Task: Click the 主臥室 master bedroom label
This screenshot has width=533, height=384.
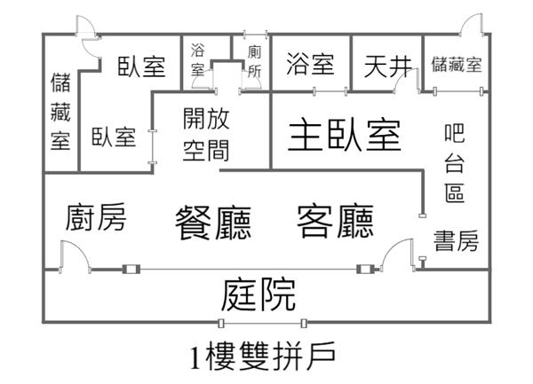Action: pyautogui.click(x=345, y=136)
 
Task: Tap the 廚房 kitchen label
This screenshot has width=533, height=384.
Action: pyautogui.click(x=95, y=218)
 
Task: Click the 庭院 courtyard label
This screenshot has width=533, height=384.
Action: pyautogui.click(x=260, y=294)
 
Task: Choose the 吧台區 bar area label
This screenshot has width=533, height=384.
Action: pyautogui.click(x=454, y=163)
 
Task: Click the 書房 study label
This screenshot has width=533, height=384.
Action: pyautogui.click(x=456, y=239)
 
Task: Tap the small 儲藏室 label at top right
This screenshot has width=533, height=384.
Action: pyautogui.click(x=456, y=64)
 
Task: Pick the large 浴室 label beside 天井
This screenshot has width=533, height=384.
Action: pyautogui.click(x=311, y=64)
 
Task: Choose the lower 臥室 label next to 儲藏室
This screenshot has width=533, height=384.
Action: pyautogui.click(x=113, y=137)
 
